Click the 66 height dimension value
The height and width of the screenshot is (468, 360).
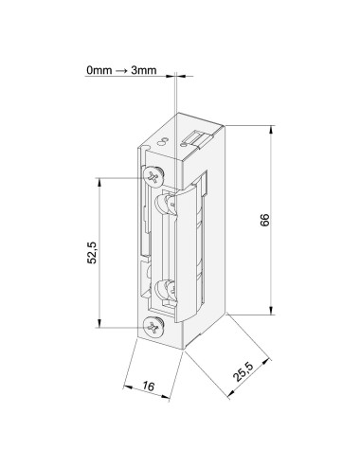coord(265,220)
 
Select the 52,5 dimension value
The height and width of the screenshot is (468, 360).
coord(93,252)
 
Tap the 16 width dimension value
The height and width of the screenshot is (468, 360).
coord(148,386)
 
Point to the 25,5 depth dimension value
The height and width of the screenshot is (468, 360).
coord(243,371)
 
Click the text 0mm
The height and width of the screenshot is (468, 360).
coord(99,70)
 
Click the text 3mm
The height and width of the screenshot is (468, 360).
coord(144,70)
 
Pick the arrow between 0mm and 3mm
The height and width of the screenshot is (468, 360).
coord(121,70)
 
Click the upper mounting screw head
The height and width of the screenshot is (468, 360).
coord(153,176)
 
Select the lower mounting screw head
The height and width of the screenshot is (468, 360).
coord(153,327)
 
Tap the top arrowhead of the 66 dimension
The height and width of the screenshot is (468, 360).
coord(271,130)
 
